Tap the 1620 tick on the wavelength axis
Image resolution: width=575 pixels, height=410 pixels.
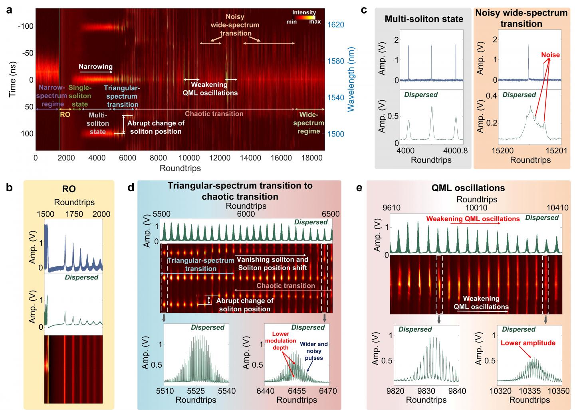336,25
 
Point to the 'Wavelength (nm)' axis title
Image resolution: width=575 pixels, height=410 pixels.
351,79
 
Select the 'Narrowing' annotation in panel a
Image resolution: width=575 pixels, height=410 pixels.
95,67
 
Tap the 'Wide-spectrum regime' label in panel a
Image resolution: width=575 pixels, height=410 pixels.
308,123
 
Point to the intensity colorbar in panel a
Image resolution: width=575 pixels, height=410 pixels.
304,18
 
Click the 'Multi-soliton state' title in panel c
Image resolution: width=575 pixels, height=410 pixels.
424,18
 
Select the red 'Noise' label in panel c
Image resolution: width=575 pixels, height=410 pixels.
551,55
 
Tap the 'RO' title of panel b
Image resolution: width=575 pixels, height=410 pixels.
69,189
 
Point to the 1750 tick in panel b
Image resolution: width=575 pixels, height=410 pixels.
74,214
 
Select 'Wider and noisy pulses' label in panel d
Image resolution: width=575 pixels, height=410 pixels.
314,351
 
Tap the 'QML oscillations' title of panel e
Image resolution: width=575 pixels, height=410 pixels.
468,188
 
